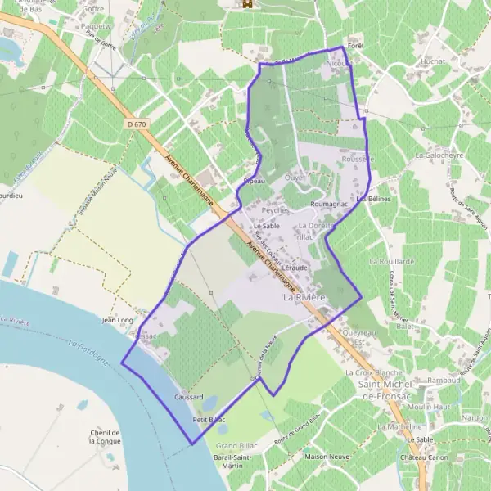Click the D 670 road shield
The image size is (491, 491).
[138, 124]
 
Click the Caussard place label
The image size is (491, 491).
[188, 397]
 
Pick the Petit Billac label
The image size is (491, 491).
[208, 419]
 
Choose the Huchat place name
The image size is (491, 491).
[431, 61]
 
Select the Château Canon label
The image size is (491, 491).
[426, 457]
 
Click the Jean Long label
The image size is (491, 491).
[117, 321]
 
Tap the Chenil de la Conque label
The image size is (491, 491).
[107, 437]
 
